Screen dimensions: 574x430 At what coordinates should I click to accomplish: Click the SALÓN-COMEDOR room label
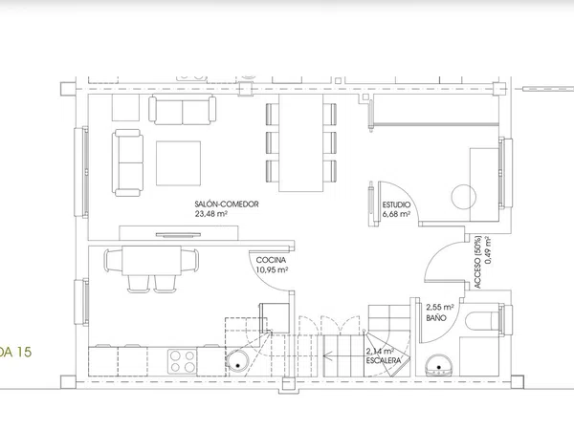227,204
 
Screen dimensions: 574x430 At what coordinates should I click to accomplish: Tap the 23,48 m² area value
210,214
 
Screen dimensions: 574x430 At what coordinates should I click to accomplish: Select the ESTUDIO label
396,204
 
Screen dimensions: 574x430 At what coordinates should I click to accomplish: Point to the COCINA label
271,260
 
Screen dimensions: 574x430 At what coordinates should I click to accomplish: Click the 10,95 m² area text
272,269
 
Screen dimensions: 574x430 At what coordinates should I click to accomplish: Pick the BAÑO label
436,318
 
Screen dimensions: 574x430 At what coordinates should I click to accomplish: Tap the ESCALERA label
384,360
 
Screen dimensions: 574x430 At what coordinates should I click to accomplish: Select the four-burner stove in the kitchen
183,361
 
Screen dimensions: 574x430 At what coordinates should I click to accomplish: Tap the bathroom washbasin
438,365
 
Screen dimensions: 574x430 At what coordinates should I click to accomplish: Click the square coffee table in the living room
178,163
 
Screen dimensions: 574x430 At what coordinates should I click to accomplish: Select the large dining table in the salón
301,142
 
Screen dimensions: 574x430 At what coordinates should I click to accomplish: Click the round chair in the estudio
463,197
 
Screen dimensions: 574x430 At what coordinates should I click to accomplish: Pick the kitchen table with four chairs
151,261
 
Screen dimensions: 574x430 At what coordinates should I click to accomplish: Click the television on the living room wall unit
178,235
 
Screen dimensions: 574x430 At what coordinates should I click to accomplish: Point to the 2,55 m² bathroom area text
440,307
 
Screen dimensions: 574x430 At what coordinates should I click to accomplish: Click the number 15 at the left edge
23,352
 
